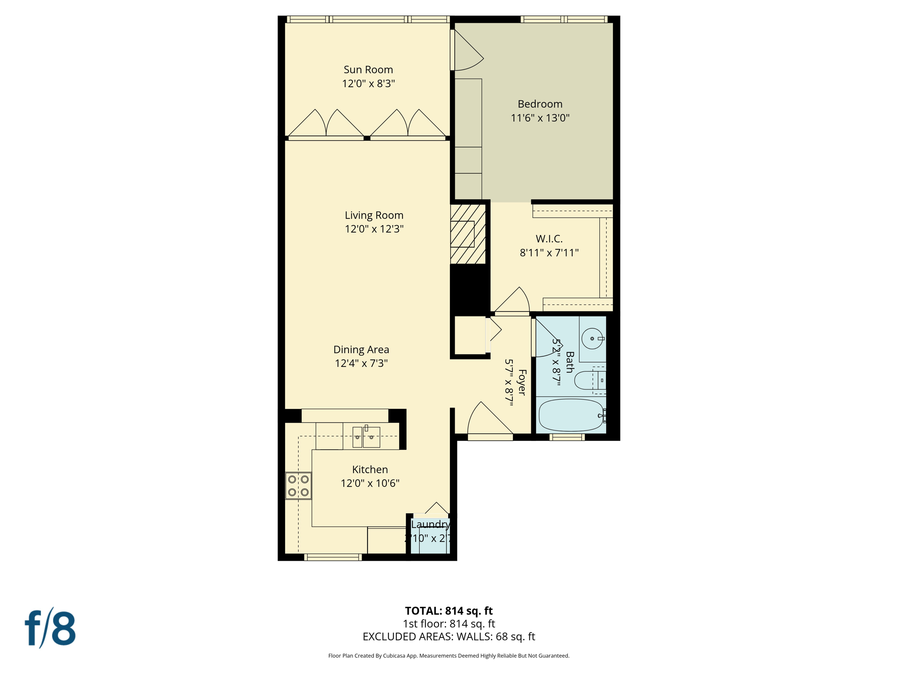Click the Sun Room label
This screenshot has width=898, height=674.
click(x=368, y=69)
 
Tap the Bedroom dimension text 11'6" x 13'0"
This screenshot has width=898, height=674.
click(x=540, y=118)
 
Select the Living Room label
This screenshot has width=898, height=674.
click(x=374, y=215)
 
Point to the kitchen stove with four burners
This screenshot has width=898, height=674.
click(x=298, y=486)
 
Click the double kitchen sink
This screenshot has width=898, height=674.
click(x=366, y=437)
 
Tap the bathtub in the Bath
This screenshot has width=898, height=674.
click(x=570, y=415)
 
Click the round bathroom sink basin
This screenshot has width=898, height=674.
click(x=592, y=339)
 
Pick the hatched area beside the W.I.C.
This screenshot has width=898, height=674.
click(x=468, y=234)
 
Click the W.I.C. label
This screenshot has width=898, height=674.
click(x=549, y=239)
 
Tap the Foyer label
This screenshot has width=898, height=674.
click(x=522, y=382)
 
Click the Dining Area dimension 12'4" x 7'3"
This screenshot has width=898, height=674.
click(x=361, y=363)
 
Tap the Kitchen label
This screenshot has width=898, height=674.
click(x=370, y=470)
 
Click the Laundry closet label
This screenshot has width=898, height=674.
click(x=430, y=524)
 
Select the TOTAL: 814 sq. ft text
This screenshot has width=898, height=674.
click(x=449, y=611)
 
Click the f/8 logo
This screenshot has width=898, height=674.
click(x=50, y=628)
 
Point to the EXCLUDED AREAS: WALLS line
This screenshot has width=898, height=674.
click(x=449, y=636)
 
